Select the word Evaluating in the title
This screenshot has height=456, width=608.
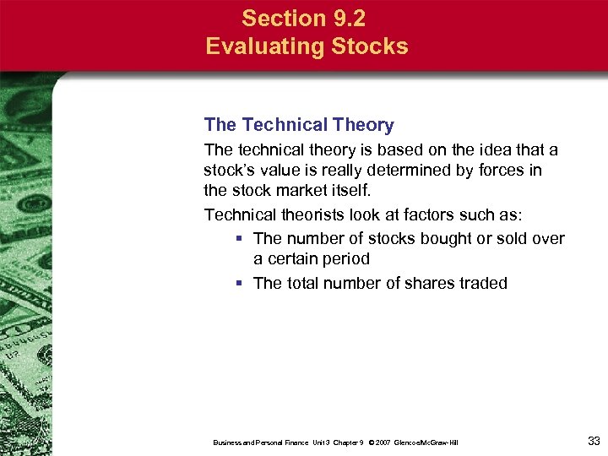(259, 46)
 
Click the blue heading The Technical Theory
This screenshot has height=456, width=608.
(299, 125)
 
